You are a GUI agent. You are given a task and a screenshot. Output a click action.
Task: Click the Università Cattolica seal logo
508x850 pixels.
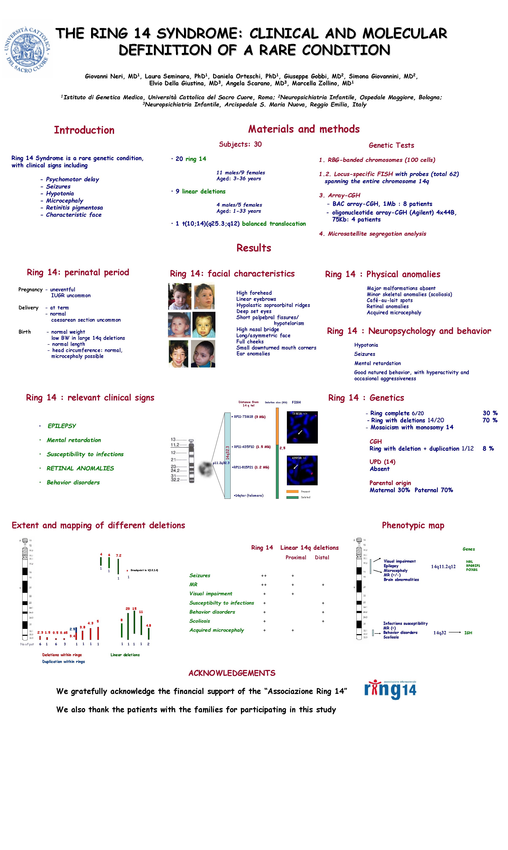coord(27,49)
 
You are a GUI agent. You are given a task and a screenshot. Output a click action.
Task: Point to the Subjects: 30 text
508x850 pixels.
coord(240,144)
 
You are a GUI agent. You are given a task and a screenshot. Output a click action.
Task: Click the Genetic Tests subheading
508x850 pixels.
coord(391,145)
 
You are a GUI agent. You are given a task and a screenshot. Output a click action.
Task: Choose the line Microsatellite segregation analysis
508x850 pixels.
coord(376,234)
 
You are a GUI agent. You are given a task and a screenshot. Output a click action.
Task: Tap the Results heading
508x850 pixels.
coord(254,248)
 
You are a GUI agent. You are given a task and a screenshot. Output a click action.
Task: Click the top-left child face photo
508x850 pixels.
coord(180,296)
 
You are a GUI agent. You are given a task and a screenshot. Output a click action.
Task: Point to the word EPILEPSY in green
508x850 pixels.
coord(62,426)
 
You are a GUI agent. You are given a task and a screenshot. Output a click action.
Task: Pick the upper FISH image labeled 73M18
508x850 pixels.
coord(302,427)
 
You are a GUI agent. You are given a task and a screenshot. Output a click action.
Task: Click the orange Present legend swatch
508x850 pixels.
coord(292,491)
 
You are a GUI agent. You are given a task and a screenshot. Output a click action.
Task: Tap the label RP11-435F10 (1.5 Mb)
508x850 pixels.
coord(252,447)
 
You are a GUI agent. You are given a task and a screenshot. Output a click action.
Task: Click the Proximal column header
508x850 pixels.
coord(296,557)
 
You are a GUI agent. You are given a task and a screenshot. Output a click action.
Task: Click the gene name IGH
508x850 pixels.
coord(468,633)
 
